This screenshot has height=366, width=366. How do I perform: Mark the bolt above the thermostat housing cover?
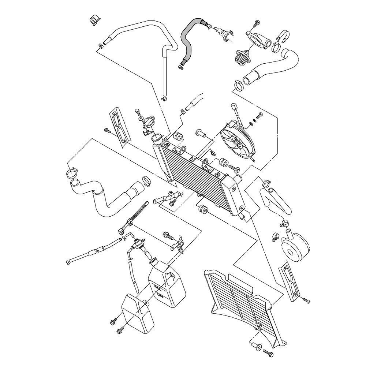pos(255,25)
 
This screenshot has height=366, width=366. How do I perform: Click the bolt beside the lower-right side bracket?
pos(306,300)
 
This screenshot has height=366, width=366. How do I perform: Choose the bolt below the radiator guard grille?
pos(268,354)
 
